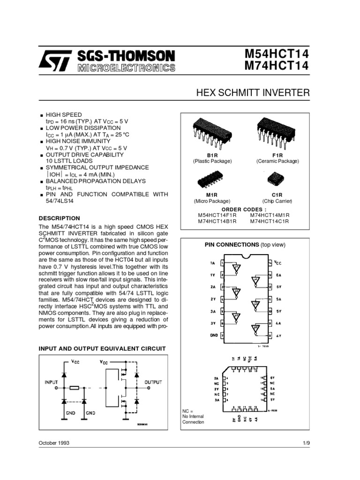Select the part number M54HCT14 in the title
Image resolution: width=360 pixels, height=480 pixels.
(277, 54)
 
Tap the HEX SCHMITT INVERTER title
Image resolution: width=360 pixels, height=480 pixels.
(253, 93)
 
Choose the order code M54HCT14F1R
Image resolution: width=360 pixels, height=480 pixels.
(217, 215)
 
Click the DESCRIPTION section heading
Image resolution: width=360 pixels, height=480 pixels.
(60, 218)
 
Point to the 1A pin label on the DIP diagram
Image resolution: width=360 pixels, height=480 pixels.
(213, 263)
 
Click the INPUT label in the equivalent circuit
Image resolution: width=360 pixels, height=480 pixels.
(52, 382)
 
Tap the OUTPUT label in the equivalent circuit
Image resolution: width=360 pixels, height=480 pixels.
(153, 382)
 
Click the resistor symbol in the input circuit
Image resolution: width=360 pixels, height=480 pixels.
(74, 389)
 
